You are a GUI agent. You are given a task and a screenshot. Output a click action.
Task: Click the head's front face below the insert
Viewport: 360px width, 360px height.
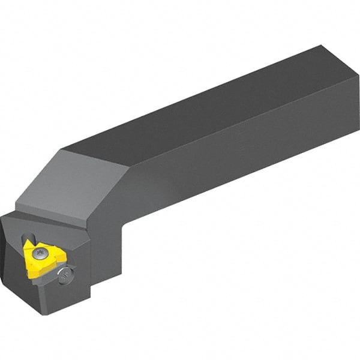click(60, 294)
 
